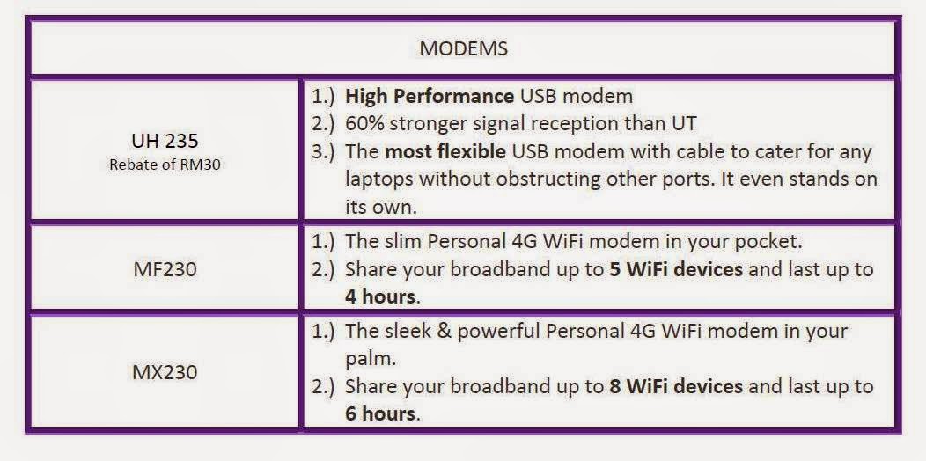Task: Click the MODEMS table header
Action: point(463,48)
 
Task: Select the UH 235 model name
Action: point(165,141)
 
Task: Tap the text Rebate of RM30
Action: point(165,165)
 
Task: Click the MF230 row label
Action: point(165,269)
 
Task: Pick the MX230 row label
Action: point(165,372)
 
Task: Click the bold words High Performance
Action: point(430,96)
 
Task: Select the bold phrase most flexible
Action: point(445,151)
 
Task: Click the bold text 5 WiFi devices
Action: point(676,270)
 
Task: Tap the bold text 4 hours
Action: point(380,296)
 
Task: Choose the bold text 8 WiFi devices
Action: point(676,386)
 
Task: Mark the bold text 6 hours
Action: point(380,413)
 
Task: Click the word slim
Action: point(404,242)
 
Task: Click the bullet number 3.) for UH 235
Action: point(323,152)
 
